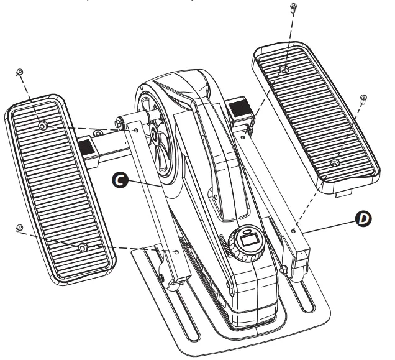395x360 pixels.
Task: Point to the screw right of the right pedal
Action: pos(363,98)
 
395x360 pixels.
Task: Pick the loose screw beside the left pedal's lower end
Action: pos(19,228)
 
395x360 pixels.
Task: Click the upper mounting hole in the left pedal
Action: pos(42,126)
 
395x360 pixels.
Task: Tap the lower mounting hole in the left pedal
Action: pos(82,247)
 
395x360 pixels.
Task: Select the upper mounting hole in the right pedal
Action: pos(283,69)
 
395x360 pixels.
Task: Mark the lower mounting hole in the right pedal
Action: pos(334,163)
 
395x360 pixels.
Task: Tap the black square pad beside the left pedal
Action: pos(84,147)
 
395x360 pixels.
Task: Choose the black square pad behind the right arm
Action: pos(238,111)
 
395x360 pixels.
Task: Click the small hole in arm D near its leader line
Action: pos(293,230)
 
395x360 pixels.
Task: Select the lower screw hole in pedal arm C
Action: pos(178,252)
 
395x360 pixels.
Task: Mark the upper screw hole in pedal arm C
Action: pos(136,130)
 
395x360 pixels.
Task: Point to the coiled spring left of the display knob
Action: pos(222,247)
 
